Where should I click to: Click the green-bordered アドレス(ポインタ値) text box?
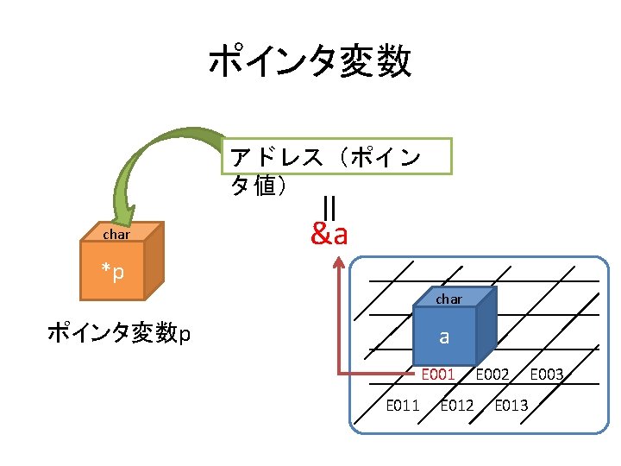pos(336,170)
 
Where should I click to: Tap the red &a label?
pos(329,233)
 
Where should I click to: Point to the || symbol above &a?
pos(329,208)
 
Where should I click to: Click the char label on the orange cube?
pos(116,234)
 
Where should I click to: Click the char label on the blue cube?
pos(448,299)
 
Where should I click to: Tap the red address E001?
pos(438,375)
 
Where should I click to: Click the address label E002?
pos(492,375)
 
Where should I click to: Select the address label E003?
pos(547,375)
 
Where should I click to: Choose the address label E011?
pos(403,405)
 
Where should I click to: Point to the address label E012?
pos(457,405)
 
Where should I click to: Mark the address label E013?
pos(511,405)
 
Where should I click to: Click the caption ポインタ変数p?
pos(119,332)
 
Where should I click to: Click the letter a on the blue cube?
pos(444,337)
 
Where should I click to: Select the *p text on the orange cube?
pos(113,273)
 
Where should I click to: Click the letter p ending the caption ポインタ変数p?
pos(185,334)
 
